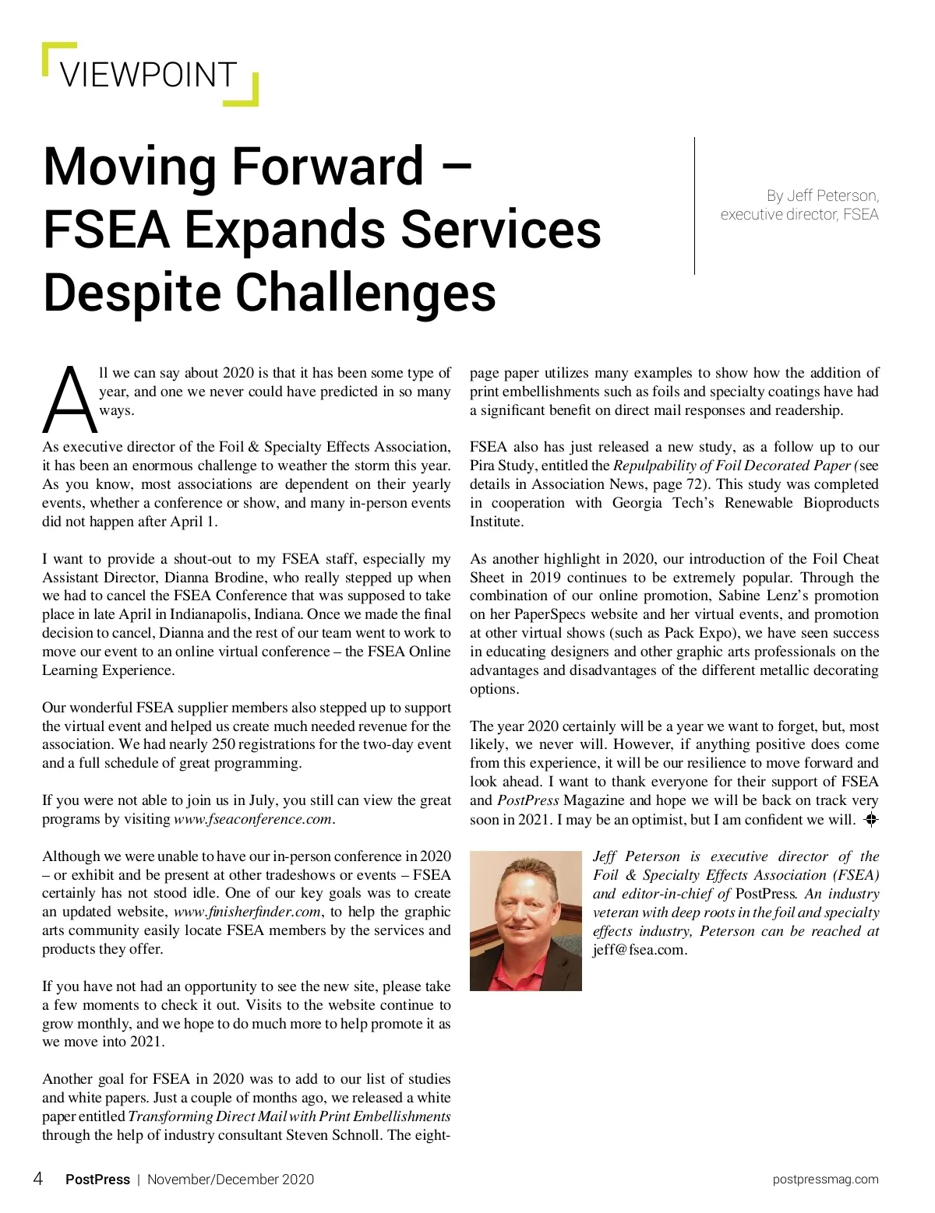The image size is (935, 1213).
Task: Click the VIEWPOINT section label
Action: click(147, 75)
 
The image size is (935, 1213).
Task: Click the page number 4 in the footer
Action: click(37, 1179)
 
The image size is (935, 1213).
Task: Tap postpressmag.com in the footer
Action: click(825, 1180)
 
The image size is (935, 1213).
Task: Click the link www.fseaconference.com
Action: click(254, 819)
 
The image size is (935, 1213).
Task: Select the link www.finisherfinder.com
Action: click(247, 912)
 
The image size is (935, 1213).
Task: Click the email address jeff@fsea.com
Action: click(639, 950)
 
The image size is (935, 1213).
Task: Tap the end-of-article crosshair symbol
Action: click(871, 819)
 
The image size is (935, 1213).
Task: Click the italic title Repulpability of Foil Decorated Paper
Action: click(732, 466)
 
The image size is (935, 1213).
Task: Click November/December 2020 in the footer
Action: click(231, 1180)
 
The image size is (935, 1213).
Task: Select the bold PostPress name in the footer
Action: click(97, 1180)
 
